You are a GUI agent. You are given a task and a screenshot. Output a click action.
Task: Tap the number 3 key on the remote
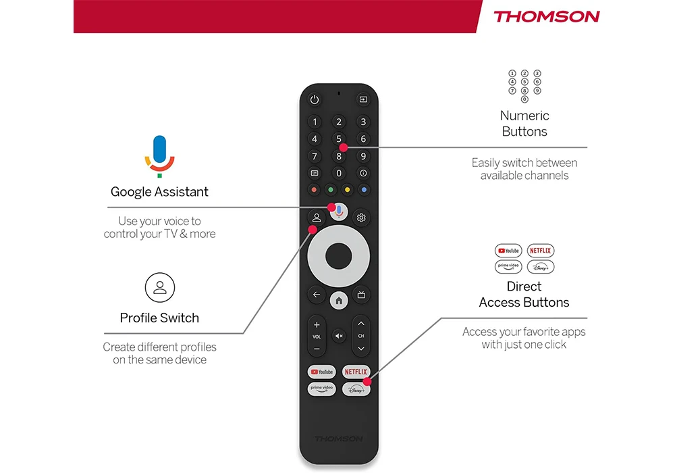click(363, 122)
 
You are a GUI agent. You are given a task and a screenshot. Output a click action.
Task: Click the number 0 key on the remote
click(339, 173)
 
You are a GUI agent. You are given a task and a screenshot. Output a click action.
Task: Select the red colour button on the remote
click(314, 190)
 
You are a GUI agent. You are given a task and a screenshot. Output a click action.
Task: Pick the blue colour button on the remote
click(364, 190)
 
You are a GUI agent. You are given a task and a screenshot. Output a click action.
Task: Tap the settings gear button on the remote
click(361, 218)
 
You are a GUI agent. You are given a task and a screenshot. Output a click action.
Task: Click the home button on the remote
click(339, 300)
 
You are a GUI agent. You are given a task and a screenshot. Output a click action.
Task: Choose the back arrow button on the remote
click(317, 295)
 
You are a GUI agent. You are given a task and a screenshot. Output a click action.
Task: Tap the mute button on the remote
click(339, 336)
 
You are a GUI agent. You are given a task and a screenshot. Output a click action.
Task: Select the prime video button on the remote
click(321, 389)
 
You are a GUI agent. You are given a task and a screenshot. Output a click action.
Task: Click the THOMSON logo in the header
click(546, 17)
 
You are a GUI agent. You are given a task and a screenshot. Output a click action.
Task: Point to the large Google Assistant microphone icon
click(160, 156)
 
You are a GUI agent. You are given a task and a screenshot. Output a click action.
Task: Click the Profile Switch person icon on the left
click(160, 287)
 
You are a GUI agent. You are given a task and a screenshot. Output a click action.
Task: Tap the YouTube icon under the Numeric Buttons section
click(508, 251)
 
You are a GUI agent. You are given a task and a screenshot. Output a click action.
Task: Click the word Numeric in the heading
click(524, 116)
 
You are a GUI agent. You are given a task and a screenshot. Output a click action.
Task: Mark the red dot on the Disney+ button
click(367, 382)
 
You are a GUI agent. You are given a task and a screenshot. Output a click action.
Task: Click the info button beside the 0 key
click(363, 173)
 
